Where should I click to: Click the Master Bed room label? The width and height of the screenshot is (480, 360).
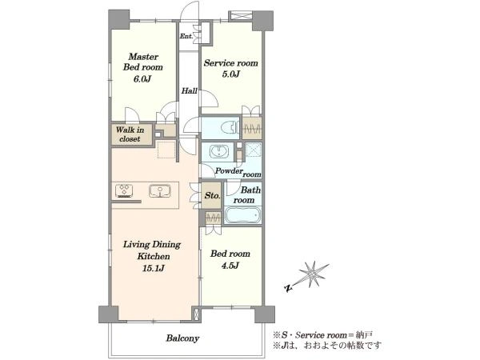pos(143,62)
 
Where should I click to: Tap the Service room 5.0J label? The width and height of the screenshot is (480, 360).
pos(231,68)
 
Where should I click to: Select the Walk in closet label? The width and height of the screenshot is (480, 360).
pos(130,134)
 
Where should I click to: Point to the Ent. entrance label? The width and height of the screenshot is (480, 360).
pos(186,36)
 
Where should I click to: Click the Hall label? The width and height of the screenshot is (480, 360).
pos(189,90)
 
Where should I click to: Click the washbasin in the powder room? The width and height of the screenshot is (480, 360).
pos(219,152)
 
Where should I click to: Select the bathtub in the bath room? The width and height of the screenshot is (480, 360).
pos(242,215)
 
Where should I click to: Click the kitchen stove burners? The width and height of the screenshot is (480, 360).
pos(124,190)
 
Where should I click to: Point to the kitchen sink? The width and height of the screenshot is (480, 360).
pos(160,190)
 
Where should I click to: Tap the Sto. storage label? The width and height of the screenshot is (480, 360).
pos(212,196)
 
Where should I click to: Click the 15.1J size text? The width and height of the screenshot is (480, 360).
pos(154,269)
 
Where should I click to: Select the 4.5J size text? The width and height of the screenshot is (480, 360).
pos(230,266)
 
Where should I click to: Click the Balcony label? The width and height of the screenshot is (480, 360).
pos(182,338)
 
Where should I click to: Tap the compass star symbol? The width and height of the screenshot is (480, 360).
pos(313,274)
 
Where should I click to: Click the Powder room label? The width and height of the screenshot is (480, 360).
pos(238,172)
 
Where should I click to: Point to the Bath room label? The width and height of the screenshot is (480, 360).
pos(246,195)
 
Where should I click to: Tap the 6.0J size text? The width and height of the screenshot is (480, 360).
pos(142,79)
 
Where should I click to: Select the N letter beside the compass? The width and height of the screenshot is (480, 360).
pos(287,288)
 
